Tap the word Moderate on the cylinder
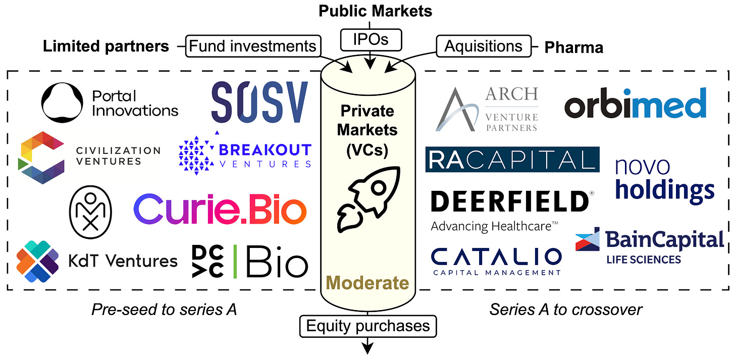pos(367,283)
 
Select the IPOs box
pos(371,39)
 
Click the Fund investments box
pos(252,46)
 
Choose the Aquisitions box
pos(483,46)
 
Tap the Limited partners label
pos(106,47)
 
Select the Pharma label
pos(573,47)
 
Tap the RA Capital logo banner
pos(512,160)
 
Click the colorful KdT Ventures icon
pos(37,261)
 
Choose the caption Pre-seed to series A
pos(164,310)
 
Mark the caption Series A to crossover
pos(566,310)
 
